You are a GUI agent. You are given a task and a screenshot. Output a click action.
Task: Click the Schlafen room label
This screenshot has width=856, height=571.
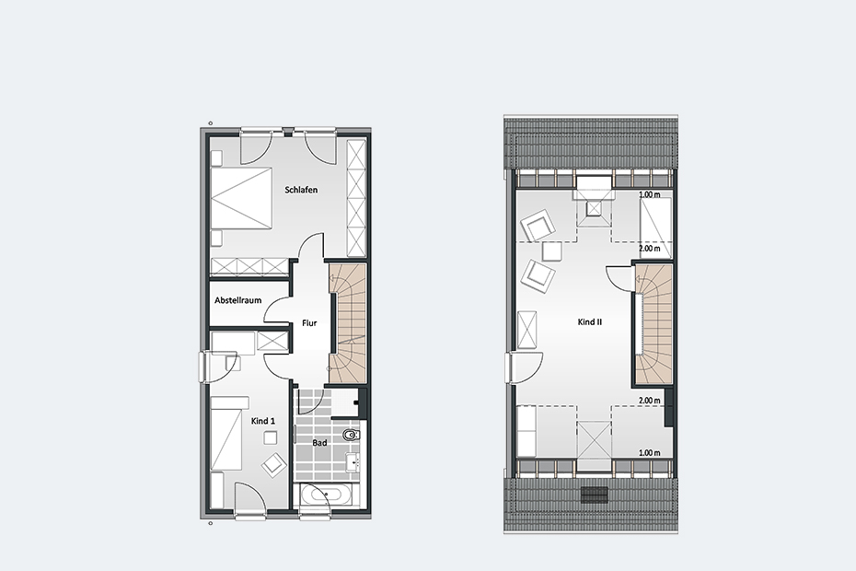pos(301,190)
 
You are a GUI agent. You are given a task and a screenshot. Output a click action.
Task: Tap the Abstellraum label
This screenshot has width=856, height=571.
pos(238,300)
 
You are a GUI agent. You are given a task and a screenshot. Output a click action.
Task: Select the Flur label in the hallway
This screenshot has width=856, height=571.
pos(309,323)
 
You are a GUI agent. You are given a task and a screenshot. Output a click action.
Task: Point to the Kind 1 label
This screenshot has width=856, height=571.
pos(263,421)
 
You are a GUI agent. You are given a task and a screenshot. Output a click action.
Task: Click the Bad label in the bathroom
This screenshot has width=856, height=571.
pos(320,443)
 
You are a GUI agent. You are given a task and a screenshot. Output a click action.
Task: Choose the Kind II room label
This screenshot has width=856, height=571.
pos(590,322)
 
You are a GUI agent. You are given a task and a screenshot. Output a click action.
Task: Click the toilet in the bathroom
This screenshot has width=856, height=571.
pos(352,436)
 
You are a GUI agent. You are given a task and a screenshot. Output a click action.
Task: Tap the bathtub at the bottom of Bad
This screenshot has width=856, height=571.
pos(325,495)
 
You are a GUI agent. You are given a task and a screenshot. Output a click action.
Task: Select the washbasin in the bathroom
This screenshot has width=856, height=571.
pos(353,462)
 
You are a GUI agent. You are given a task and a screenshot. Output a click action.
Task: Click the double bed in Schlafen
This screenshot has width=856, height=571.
pos(241,198)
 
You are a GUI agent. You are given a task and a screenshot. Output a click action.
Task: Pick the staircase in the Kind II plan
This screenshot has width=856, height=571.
pos(654,324)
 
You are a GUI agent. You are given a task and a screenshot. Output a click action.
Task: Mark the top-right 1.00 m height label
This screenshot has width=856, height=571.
pos(649,194)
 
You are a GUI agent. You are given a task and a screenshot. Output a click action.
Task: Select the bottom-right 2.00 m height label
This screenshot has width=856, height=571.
pos(649,401)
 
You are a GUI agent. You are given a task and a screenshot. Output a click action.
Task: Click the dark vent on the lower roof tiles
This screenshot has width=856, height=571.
pos(594,494)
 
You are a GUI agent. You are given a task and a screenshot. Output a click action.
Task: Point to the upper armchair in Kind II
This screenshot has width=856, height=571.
pos(538,225)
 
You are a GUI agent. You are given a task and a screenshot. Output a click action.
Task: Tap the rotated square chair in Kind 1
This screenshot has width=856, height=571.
pos(273,464)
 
